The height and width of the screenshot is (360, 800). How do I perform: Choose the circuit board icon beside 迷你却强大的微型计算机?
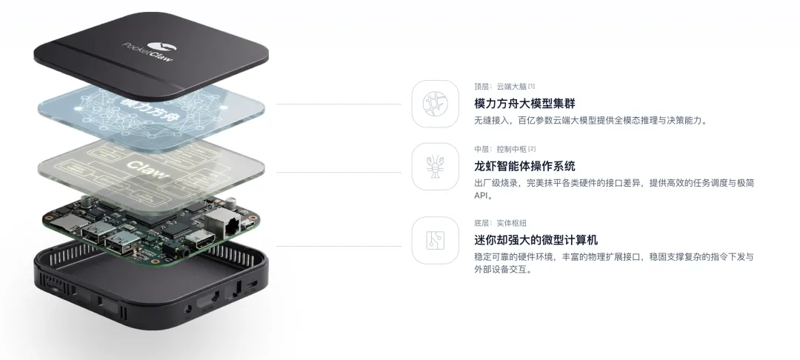436,239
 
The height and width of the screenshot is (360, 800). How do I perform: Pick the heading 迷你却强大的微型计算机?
536,240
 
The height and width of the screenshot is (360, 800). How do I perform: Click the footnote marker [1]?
532,86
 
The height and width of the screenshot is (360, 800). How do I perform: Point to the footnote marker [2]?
532,149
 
